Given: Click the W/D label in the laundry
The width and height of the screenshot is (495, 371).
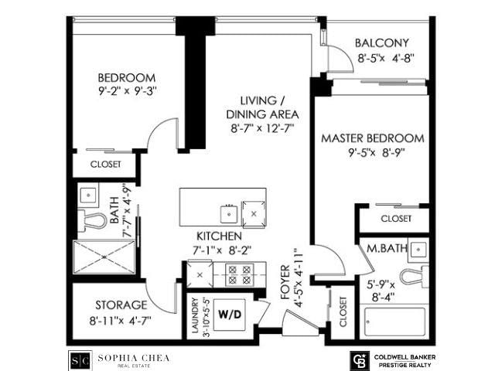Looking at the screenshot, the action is click(x=230, y=315).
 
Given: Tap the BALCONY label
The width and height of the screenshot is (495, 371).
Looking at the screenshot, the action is click(x=381, y=43).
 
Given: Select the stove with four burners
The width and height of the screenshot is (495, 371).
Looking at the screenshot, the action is click(x=239, y=274).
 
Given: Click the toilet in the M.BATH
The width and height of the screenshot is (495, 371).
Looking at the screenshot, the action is click(x=415, y=277).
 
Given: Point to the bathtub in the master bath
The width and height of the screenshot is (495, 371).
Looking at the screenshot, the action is click(x=394, y=322).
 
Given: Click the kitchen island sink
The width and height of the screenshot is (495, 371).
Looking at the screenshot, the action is click(x=229, y=214).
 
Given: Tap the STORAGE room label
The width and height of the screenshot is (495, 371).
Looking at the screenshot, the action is click(x=121, y=305).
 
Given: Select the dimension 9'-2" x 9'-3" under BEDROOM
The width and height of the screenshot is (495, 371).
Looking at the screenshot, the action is click(x=128, y=91).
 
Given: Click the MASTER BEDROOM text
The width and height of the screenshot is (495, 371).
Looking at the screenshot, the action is click(x=373, y=138).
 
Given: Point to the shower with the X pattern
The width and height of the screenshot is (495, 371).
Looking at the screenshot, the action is click(x=104, y=257).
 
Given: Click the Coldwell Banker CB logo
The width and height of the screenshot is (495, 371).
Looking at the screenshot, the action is click(x=360, y=361).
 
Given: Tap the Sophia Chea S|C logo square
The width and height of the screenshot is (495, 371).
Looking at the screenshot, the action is click(x=80, y=361).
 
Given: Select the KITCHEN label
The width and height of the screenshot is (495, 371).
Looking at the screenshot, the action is click(x=219, y=236).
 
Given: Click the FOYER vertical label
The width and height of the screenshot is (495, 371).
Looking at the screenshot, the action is click(x=285, y=282).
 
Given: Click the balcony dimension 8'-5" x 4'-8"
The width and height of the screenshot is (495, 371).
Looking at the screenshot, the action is click(x=385, y=59).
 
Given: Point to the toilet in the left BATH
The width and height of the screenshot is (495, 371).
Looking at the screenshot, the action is click(x=93, y=220).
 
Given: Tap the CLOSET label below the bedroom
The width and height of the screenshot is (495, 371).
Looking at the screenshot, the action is click(x=105, y=165).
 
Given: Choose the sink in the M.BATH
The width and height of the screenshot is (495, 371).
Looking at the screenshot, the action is click(x=418, y=250).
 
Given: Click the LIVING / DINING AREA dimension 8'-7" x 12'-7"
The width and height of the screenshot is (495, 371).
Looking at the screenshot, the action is click(x=262, y=129).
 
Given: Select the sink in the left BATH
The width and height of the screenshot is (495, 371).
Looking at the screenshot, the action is click(x=88, y=196).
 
